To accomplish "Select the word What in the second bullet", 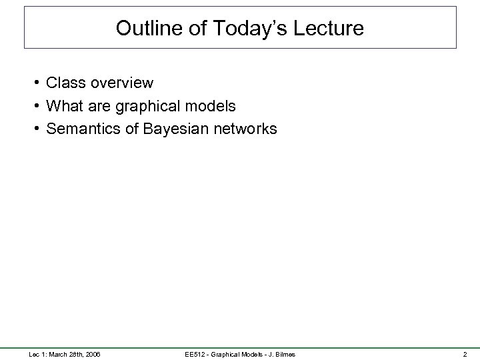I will pos(65,106).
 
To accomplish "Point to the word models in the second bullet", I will pos(211,106).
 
